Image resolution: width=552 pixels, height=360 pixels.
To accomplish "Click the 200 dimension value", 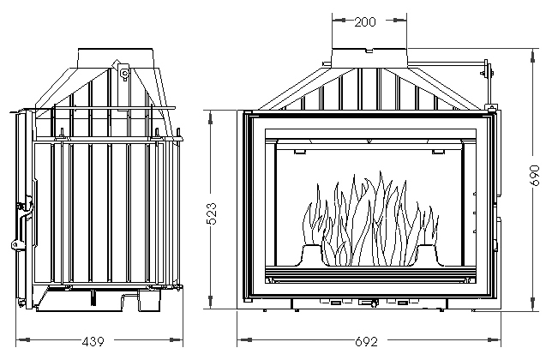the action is [365, 21].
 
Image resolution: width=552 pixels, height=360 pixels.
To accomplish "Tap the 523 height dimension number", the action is [211, 213].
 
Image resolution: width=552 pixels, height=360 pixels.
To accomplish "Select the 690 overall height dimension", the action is [535, 175].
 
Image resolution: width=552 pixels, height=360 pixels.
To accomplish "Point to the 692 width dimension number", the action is [366, 341].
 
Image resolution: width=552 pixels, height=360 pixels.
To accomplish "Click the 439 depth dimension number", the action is [93, 341].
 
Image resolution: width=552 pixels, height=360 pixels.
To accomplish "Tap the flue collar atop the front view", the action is [369, 58].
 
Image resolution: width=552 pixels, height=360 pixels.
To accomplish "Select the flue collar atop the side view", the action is [116, 58].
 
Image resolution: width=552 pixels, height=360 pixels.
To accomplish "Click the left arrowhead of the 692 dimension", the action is [244, 340].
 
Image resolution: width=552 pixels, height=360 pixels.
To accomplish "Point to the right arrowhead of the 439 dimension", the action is [176, 340].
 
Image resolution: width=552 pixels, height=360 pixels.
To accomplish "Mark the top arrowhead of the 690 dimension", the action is [532, 56].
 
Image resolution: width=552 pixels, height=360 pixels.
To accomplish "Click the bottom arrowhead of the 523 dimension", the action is [210, 302].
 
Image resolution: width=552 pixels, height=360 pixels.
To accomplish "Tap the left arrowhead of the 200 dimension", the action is [339, 20].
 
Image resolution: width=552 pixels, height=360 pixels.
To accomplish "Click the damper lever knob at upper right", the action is [487, 69].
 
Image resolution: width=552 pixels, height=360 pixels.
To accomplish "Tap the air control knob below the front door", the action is [369, 303].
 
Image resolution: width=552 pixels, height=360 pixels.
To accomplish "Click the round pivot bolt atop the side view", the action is [124, 74].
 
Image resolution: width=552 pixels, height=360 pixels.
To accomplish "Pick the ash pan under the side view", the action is [99, 299].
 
